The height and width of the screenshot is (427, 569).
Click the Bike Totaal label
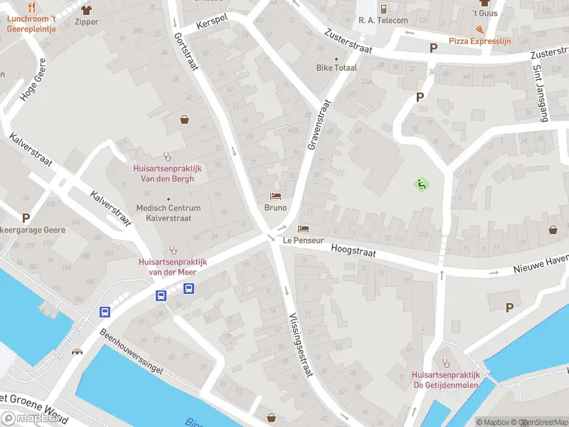click(336, 68)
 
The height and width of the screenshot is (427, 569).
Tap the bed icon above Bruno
click(275, 196)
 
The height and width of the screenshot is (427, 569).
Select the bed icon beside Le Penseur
click(304, 228)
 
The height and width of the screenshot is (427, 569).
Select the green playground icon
click(421, 185)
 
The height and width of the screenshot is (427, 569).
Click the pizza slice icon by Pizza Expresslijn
click(482, 30)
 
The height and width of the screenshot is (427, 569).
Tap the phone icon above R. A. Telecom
click(383, 9)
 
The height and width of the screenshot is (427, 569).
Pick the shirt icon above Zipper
click(86, 10)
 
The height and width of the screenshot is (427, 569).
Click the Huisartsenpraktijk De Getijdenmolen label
click(447, 380)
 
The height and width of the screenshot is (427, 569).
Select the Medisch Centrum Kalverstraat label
click(169, 213)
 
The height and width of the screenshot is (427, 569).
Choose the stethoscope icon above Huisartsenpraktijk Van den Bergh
click(168, 155)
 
